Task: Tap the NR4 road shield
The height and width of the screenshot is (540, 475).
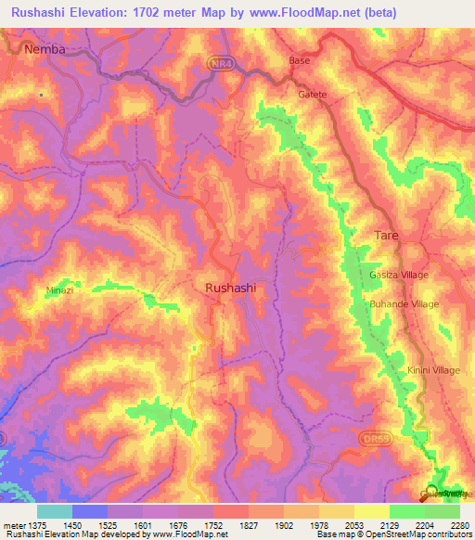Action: pos(216,60)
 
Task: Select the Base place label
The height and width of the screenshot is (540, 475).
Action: pos(300,60)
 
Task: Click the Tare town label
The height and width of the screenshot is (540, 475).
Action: pos(386,236)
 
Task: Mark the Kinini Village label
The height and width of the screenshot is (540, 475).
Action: pos(433,371)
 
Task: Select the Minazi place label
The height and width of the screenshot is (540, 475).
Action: pos(59,290)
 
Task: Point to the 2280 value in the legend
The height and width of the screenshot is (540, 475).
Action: pos(460,525)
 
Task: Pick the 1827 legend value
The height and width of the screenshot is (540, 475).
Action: pos(249,525)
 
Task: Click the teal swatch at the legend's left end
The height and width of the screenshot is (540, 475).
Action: pos(55,511)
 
